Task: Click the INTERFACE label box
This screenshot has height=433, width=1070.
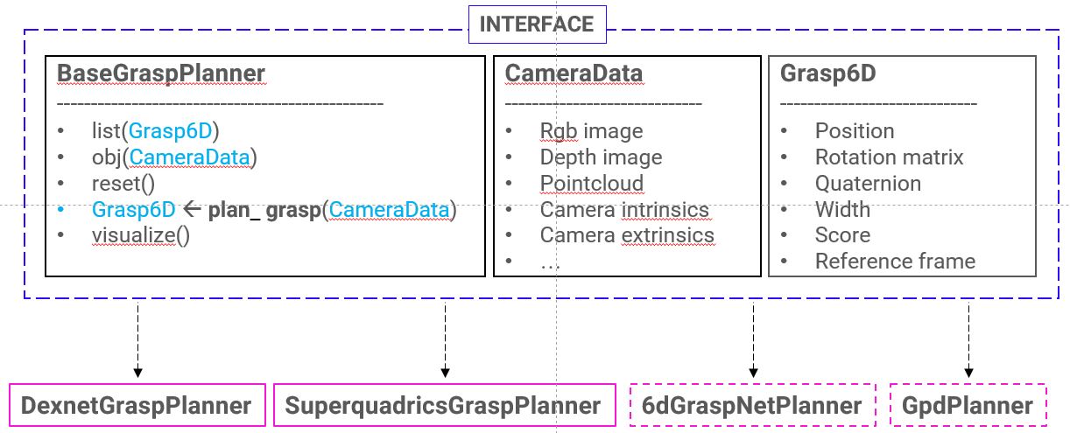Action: click(537, 24)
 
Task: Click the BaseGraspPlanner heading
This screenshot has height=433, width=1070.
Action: click(160, 74)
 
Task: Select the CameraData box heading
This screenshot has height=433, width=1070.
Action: click(574, 74)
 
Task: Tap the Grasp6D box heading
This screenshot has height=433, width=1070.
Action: click(827, 74)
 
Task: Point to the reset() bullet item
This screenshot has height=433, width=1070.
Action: click(123, 184)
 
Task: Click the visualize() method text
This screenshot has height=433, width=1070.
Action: click(140, 235)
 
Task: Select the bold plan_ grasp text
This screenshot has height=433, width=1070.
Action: click(264, 210)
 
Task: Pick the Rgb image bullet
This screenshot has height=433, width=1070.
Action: click(591, 131)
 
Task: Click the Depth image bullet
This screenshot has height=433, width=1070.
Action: click(601, 157)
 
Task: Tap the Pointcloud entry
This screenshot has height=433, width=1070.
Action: click(591, 184)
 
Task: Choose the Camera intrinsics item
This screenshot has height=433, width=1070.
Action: click(624, 210)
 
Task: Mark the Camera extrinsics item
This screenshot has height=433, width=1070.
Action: click(627, 235)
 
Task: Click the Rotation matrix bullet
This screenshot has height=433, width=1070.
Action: click(889, 157)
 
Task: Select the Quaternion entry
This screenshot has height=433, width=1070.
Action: click(868, 184)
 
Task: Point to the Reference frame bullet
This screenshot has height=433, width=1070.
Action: click(895, 262)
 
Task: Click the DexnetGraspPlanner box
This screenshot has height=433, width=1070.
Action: click(137, 406)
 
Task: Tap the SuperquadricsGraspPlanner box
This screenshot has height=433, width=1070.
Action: click(443, 406)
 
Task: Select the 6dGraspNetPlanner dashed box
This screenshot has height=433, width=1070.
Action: click(752, 406)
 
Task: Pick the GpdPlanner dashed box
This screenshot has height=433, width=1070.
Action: click(968, 406)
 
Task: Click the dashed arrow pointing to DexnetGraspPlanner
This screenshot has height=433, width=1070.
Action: click(137, 340)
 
